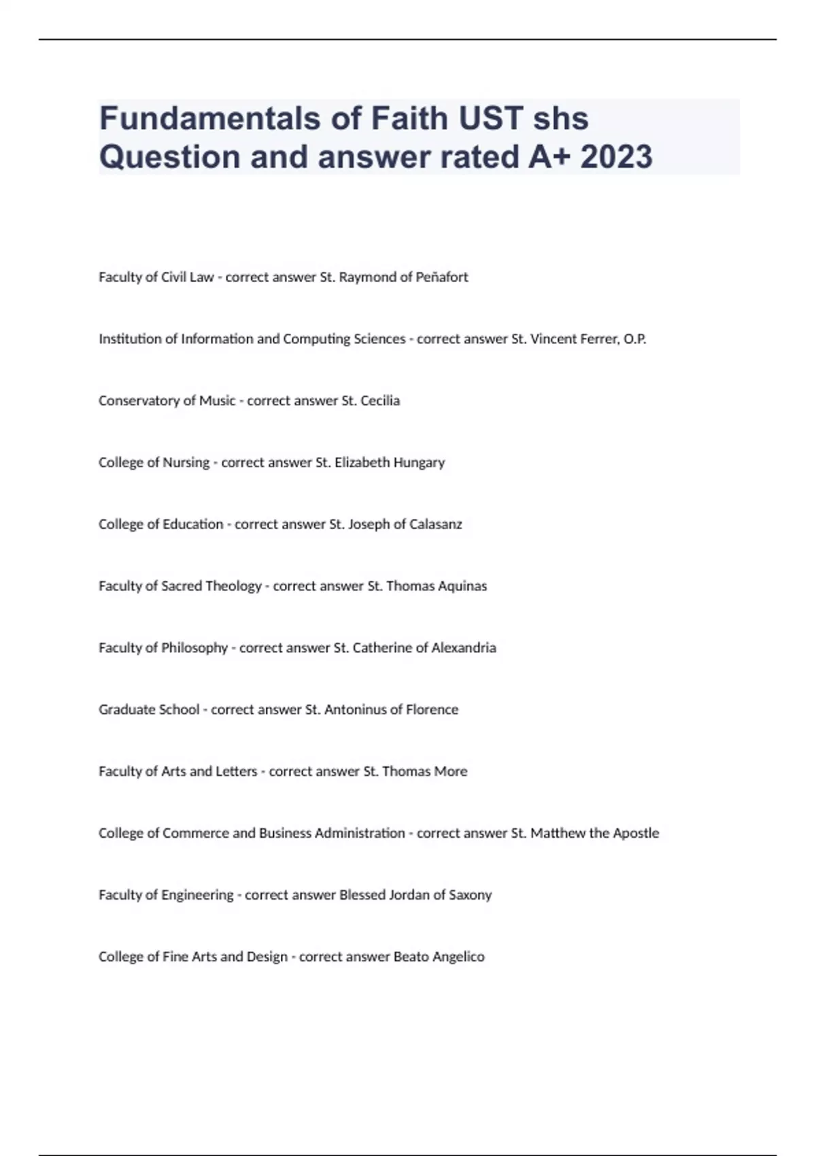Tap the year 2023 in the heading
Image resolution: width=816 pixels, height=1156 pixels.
(617, 156)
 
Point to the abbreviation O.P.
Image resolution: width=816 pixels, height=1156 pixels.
(634, 339)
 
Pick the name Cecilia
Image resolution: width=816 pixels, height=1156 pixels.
(380, 401)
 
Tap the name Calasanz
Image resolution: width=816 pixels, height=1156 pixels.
(435, 524)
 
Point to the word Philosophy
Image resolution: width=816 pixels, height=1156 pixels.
(194, 648)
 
